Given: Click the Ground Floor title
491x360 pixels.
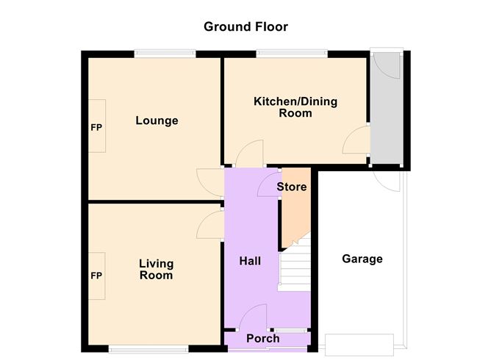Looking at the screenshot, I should pyautogui.click(x=246, y=27).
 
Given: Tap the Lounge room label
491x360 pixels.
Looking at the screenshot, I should pyautogui.click(x=157, y=120).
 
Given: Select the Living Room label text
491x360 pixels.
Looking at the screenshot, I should pyautogui.click(x=156, y=270).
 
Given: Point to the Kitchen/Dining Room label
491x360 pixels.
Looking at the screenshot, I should pyautogui.click(x=295, y=107).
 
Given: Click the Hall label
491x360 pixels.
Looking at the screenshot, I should pyautogui.click(x=250, y=261).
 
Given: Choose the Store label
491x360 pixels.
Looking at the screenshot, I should pyautogui.click(x=291, y=187).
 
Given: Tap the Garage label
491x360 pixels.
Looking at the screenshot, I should pyautogui.click(x=362, y=259).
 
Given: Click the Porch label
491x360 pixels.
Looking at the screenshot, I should pyautogui.click(x=262, y=339).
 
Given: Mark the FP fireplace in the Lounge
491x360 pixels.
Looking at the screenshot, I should pyautogui.click(x=96, y=127).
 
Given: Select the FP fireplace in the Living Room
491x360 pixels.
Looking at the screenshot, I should pyautogui.click(x=96, y=276).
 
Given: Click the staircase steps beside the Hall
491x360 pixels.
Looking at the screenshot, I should pyautogui.click(x=296, y=268).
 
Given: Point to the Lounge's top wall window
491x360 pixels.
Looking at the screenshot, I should pyautogui.click(x=165, y=52).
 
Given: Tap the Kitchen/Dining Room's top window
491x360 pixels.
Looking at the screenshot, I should pyautogui.click(x=292, y=52).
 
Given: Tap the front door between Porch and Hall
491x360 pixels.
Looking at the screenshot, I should pyautogui.click(x=254, y=316).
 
